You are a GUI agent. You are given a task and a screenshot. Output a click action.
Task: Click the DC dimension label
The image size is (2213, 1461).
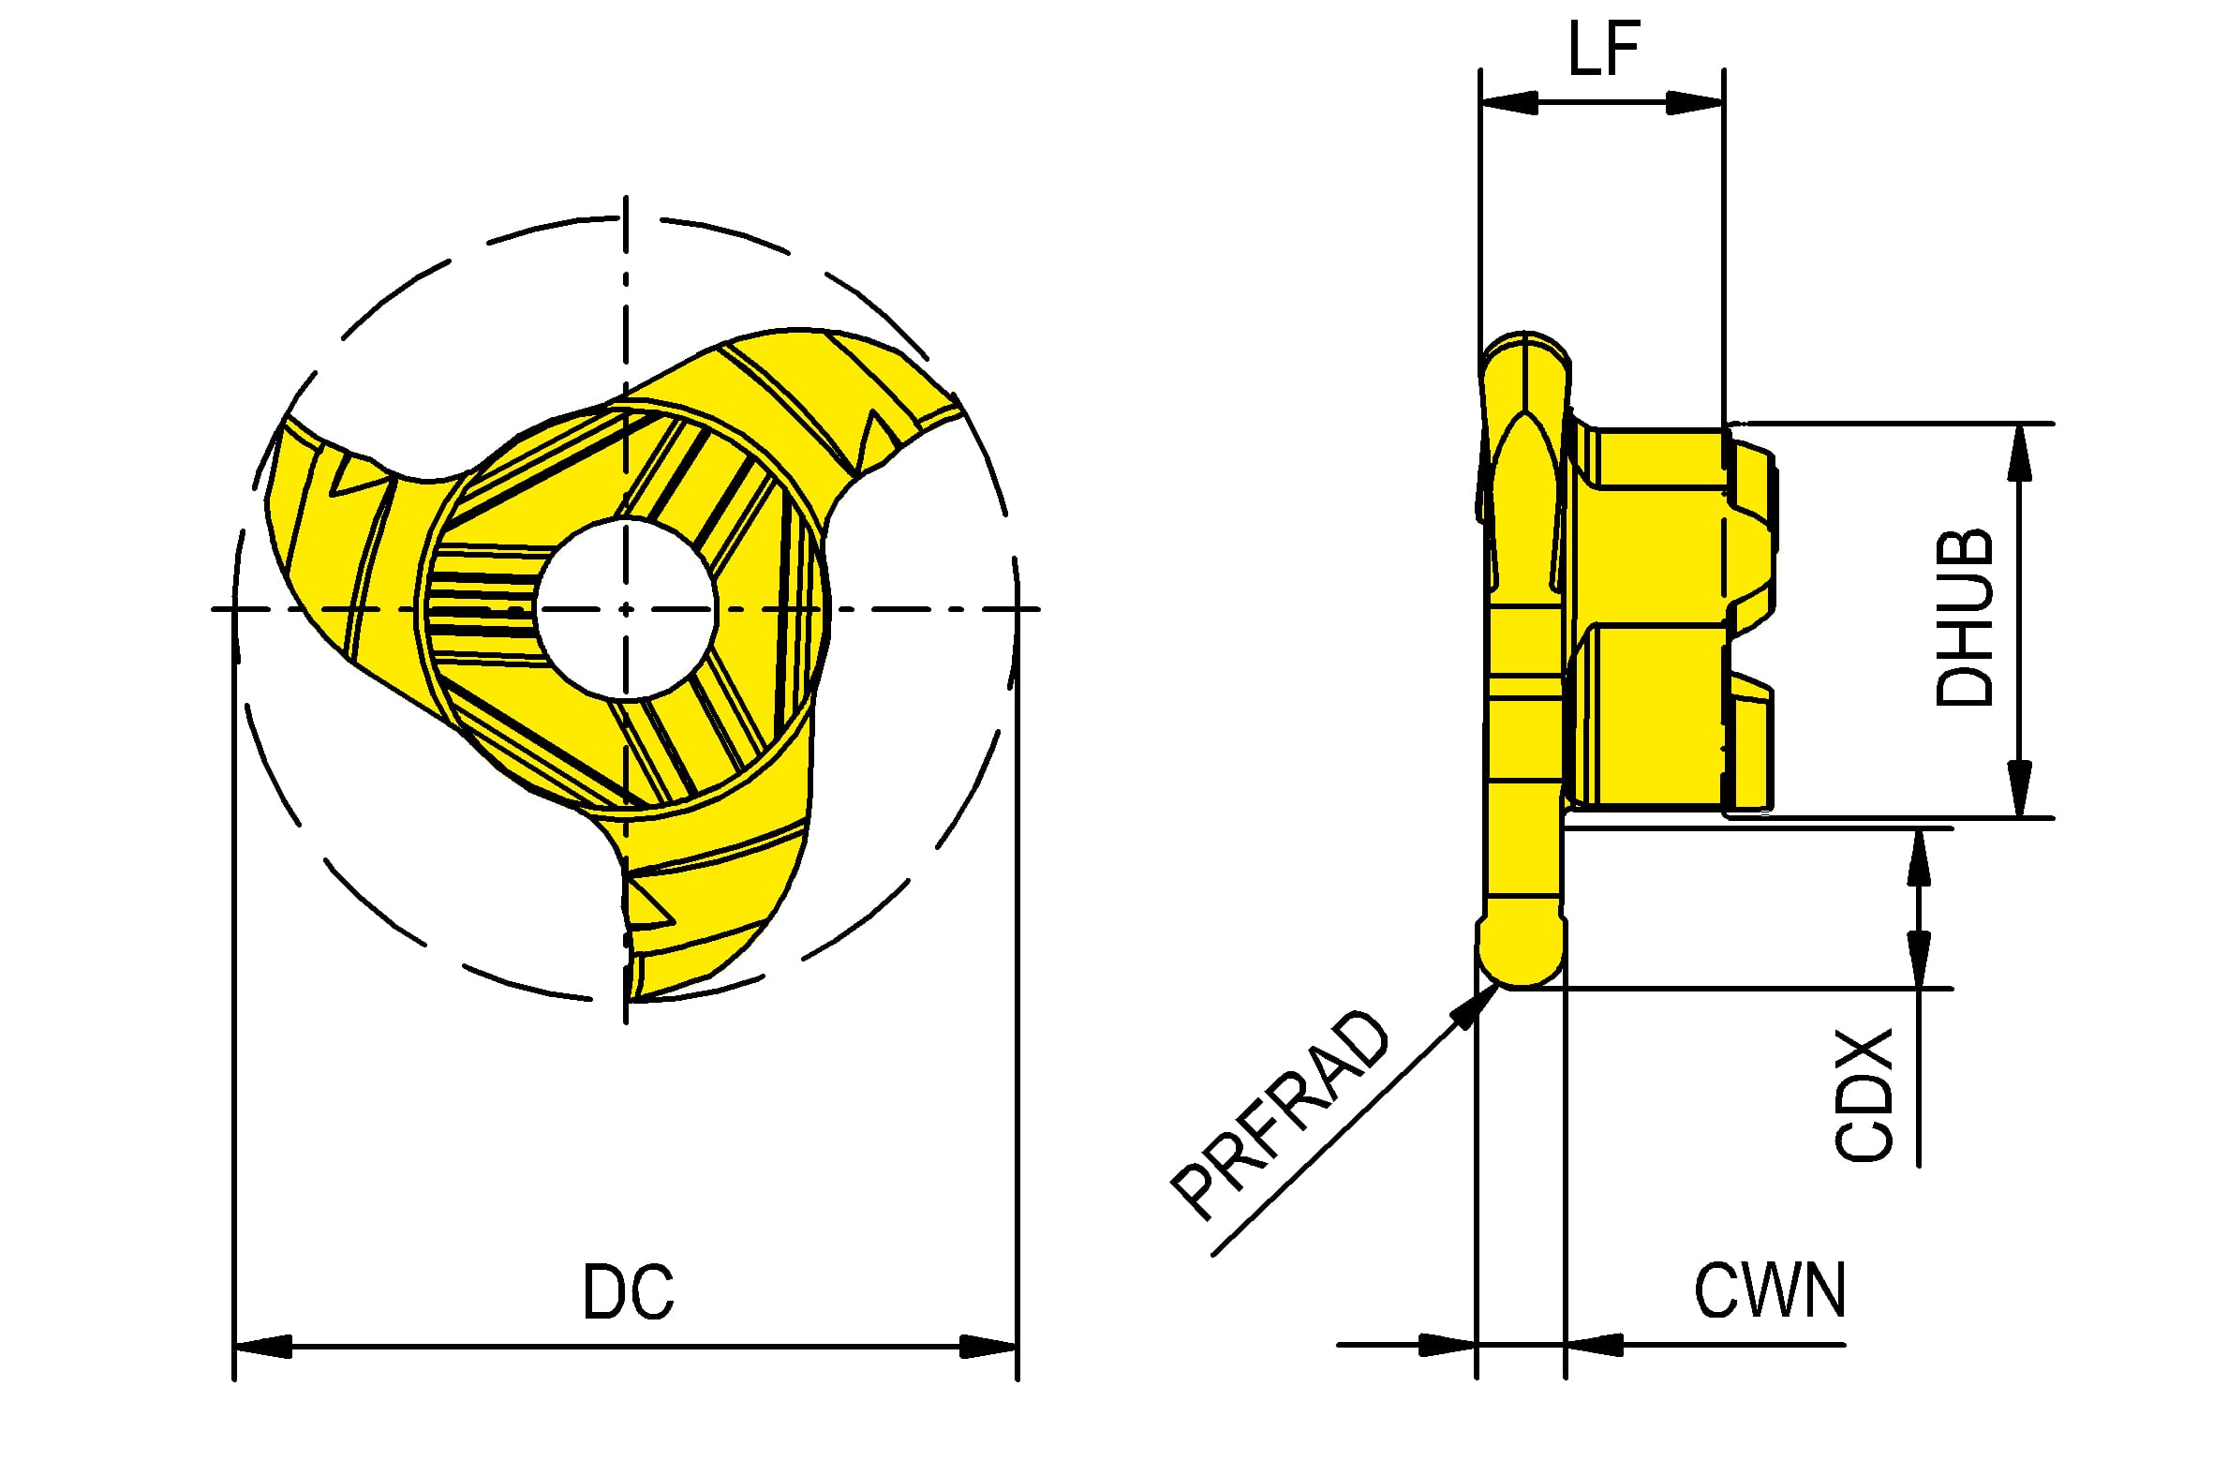click(x=628, y=1292)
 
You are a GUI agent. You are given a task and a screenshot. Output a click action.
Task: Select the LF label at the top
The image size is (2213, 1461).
click(x=1603, y=48)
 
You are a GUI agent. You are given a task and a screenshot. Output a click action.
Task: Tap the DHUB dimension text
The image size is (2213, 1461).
click(x=1964, y=618)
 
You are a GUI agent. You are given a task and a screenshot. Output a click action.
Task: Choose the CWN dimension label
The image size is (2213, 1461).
click(x=1770, y=1290)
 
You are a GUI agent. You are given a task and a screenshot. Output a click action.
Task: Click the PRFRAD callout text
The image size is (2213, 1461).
click(x=1280, y=1115)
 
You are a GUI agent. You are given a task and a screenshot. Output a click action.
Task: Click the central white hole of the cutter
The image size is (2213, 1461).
click(x=626, y=609)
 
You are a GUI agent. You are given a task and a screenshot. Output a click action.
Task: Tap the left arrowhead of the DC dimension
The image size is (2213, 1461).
click(x=262, y=1347)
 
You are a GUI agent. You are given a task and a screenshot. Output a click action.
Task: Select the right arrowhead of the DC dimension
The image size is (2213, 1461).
click(x=988, y=1347)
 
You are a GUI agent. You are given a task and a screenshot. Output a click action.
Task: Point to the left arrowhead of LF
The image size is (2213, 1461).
click(x=1508, y=101)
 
